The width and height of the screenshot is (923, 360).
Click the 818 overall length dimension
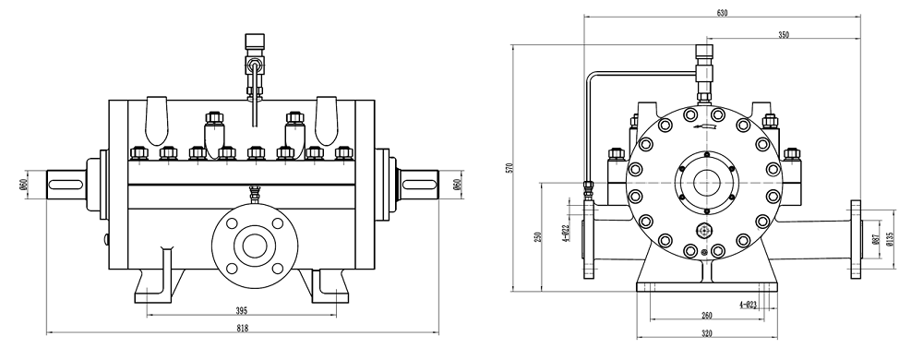(243, 329)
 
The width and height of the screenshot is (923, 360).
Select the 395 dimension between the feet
(241, 310)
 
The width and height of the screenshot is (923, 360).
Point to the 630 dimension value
(722, 13)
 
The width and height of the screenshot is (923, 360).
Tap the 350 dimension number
(784, 35)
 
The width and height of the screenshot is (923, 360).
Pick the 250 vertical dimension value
(537, 236)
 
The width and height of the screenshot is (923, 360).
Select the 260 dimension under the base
(707, 316)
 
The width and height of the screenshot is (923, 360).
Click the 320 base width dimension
(707, 333)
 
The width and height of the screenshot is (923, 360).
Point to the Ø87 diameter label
(875, 239)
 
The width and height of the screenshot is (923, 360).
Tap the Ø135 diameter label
(890, 239)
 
